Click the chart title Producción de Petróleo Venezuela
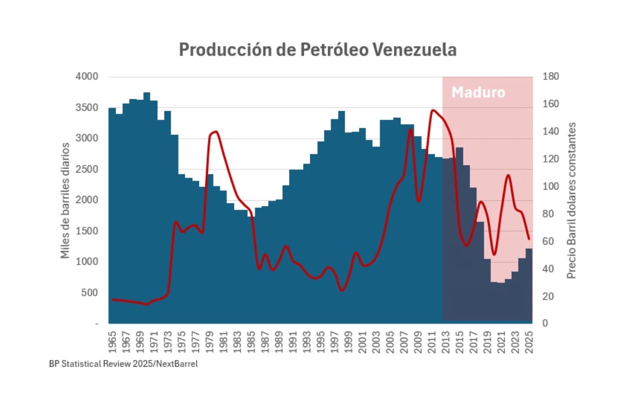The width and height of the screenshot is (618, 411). pos(317,49)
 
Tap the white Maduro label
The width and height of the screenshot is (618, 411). pos(478,92)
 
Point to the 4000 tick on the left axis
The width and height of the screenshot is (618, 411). pos(86,76)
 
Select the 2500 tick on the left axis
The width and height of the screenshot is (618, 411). pos(86,169)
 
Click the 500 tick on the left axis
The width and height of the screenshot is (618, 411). pos(89,292)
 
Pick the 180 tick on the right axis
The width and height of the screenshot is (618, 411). pos(550,76)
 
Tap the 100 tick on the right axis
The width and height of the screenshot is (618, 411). pos(550,186)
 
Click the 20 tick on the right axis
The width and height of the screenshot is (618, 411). pos(548,296)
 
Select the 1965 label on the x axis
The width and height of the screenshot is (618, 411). pos(112,342)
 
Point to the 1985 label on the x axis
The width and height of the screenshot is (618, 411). pos(251,342)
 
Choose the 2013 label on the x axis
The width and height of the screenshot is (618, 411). pos(445,342)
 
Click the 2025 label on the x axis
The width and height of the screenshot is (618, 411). pos(529,342)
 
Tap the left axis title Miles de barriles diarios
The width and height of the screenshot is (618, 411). pos(65,200)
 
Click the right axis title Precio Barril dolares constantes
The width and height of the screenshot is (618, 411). pos(571,200)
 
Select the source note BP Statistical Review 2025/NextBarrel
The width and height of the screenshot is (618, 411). pos(123,363)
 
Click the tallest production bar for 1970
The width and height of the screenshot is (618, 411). pos(147,206)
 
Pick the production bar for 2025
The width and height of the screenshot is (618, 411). pos(529,287)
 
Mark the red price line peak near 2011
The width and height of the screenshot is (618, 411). pos(432,110)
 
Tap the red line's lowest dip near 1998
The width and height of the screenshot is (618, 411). pos(342,290)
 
